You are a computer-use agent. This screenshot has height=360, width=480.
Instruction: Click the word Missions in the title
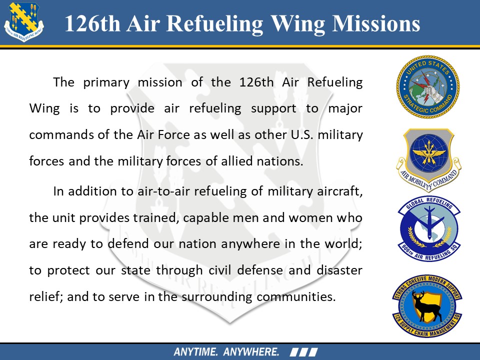376,23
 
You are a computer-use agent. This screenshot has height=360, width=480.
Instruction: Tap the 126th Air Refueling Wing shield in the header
24,22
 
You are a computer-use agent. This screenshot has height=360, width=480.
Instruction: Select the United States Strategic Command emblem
427,86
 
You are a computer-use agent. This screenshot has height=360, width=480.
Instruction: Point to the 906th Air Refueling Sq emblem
428,229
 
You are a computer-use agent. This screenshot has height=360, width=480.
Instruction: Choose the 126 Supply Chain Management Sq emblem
427,306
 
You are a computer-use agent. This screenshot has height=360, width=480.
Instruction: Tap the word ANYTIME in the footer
195,351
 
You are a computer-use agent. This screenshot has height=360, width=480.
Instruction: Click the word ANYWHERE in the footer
251,351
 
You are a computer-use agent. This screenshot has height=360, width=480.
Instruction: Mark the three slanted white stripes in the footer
303,352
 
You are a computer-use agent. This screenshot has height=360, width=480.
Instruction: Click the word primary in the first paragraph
106,82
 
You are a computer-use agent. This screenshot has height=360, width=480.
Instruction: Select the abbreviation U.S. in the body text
302,134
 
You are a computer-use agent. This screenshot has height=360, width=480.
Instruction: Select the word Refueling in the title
214,24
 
